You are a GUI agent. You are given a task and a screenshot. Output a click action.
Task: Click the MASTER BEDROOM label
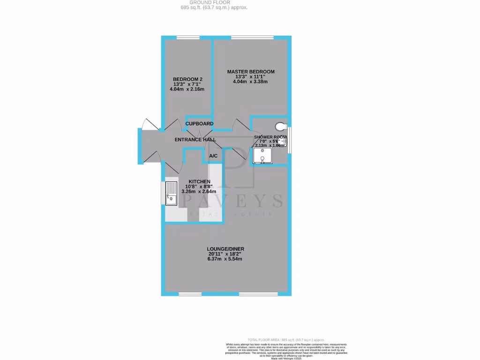click(x=251, y=72)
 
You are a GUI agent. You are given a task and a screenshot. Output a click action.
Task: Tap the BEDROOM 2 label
click(x=187, y=79)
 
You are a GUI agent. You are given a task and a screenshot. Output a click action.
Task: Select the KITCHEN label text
click(x=199, y=181)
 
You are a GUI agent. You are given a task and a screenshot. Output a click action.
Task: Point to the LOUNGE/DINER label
click(x=226, y=248)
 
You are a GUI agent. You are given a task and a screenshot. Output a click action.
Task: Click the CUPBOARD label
click(x=199, y=124)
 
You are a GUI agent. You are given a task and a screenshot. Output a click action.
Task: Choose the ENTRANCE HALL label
click(x=195, y=140)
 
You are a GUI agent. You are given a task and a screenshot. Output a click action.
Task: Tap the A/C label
click(x=213, y=156)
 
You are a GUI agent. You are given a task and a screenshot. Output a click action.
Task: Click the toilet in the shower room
click(x=281, y=127)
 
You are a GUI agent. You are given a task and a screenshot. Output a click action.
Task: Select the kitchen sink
click(x=171, y=193)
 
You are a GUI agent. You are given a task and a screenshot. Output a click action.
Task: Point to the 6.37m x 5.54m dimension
click(x=226, y=259)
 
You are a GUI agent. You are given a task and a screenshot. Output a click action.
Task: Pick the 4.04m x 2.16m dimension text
click(x=187, y=89)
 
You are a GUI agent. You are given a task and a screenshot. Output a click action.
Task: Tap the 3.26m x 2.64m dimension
click(x=199, y=191)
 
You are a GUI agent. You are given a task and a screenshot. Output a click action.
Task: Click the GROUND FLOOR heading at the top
click(x=214, y=2)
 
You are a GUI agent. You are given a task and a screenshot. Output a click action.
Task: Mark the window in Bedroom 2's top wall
click(x=187, y=37)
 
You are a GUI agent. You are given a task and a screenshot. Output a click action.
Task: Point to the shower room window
click(x=290, y=140)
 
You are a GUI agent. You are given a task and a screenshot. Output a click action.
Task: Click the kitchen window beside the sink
click(x=163, y=193)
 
